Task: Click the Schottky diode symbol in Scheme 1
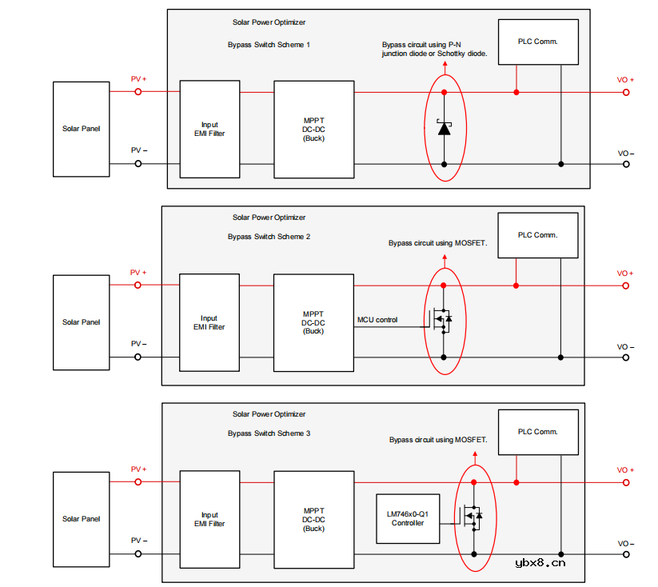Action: point(444,128)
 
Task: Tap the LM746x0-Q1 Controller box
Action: point(408,519)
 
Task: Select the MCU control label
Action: point(377,320)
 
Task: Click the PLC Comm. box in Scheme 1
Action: point(537,42)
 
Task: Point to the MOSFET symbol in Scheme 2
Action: point(442,320)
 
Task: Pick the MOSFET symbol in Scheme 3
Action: point(474,517)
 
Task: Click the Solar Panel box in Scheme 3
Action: point(82,519)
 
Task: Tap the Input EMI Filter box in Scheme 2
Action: point(209,322)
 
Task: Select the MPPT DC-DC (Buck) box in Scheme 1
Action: point(313,129)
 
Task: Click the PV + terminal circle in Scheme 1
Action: point(138,92)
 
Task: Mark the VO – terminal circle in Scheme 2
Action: point(626,357)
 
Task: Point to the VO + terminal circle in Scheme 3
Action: point(626,482)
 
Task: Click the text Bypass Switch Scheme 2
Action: point(269,237)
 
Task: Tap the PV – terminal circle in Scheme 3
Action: point(138,553)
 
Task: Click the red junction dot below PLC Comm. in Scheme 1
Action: point(516,92)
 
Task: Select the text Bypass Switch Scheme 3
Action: point(269,433)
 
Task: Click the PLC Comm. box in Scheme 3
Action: point(537,433)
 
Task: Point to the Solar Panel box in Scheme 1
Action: point(82,129)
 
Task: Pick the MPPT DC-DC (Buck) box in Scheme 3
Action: point(313,519)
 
